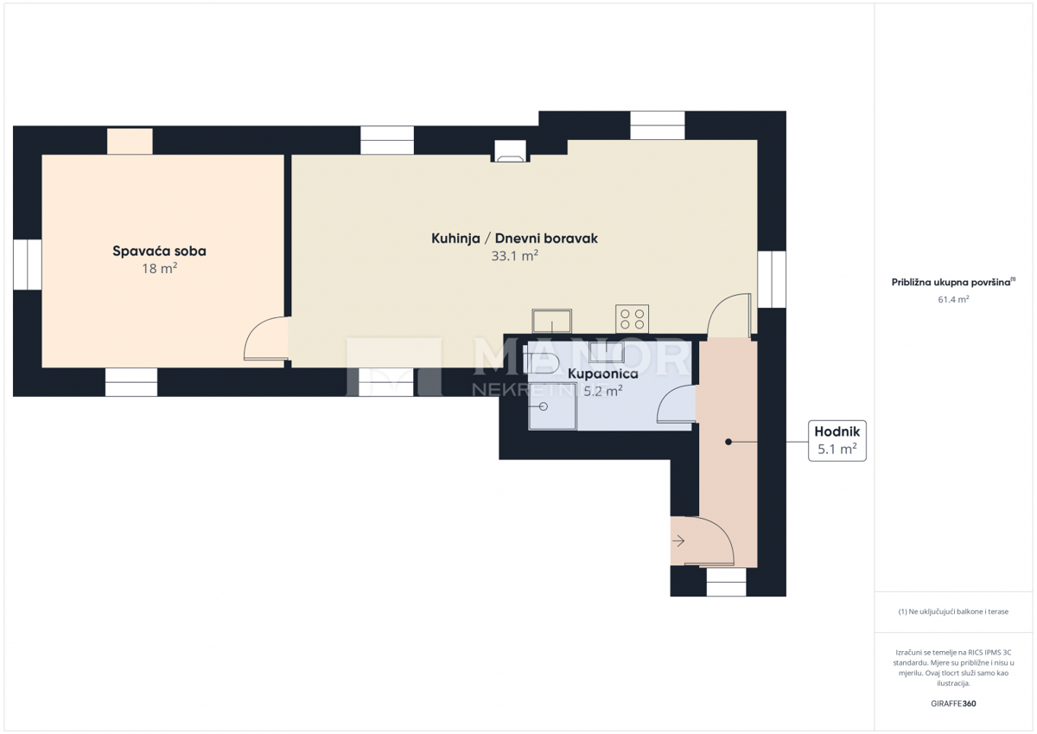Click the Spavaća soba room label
click(159, 252)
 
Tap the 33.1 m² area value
click(515, 255)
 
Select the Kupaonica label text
click(602, 373)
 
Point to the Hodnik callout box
click(837, 441)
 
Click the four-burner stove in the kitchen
click(632, 318)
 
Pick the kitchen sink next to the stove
click(551, 321)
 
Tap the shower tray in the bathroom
click(552, 406)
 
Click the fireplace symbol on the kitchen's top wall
click(509, 151)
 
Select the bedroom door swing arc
click(264, 339)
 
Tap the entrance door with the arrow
click(701, 541)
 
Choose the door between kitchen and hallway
click(728, 316)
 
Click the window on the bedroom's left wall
click(27, 265)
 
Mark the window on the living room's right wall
click(771, 279)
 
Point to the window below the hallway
click(726, 582)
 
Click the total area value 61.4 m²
click(953, 299)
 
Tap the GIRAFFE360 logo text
click(953, 704)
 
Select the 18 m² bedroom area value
click(159, 269)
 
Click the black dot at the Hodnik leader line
click(728, 442)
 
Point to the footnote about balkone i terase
click(953, 611)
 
